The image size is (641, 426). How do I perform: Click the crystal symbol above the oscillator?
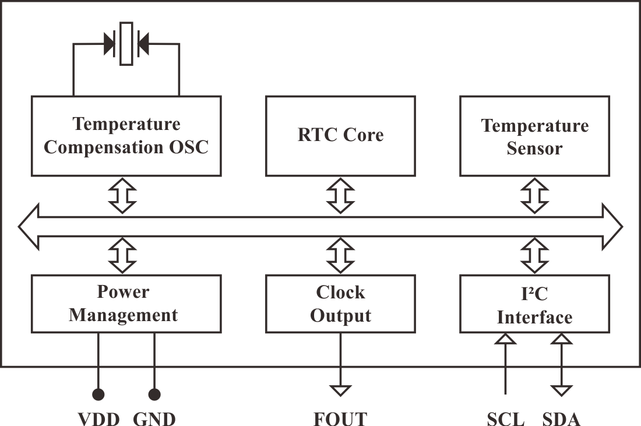click(126, 44)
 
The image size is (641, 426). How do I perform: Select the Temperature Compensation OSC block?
click(126, 136)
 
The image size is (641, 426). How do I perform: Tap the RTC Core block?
click(340, 136)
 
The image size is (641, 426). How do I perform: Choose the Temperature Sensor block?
click(535, 136)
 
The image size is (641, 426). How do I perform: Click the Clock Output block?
click(340, 304)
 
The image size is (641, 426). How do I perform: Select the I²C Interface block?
click(535, 304)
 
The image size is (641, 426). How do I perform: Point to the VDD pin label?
click(98, 418)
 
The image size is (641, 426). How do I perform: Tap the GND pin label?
click(154, 418)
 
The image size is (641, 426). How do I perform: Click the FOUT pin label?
click(340, 418)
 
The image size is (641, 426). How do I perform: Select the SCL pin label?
click(505, 418)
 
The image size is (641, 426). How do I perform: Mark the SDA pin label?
click(561, 418)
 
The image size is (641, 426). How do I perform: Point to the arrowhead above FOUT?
click(340, 390)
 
